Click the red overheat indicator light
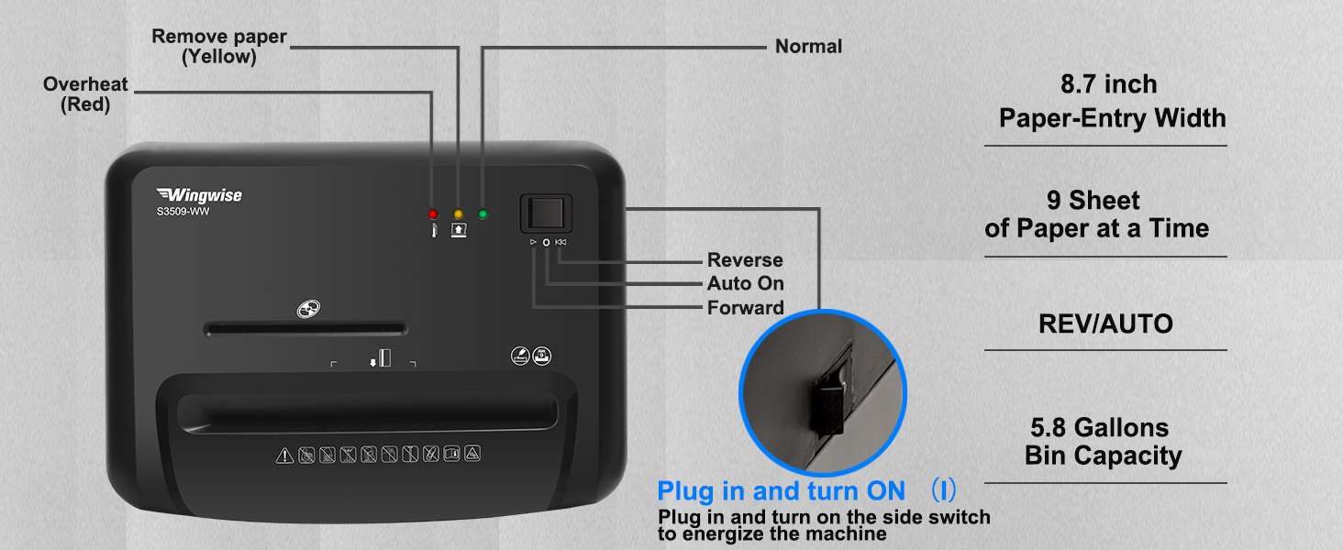point(433,214)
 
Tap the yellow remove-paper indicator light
point(458,214)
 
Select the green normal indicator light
point(483,214)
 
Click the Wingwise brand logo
point(199,194)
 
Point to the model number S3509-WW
point(183,211)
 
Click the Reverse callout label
point(745,260)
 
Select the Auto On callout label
point(745,284)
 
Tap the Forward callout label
point(745,308)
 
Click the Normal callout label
point(808,46)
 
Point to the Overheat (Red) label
point(85,94)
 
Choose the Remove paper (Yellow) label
point(219,47)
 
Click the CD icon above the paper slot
point(308,309)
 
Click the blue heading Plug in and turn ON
point(781,491)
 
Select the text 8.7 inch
point(1108,84)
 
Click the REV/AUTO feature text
point(1105,324)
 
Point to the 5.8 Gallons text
point(1099,428)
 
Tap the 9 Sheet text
point(1093,201)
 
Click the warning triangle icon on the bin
point(285,455)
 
